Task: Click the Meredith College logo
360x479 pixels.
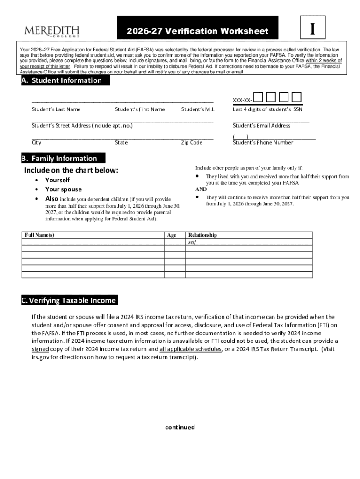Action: point(52,31)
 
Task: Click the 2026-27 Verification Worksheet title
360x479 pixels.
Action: point(197,31)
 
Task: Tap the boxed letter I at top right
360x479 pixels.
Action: point(311,29)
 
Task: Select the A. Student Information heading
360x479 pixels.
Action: point(61,80)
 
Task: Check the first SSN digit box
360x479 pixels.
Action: point(259,97)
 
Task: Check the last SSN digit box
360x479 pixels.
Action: point(296,97)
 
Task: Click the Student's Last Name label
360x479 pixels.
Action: point(56,109)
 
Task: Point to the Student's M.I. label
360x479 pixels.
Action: point(198,109)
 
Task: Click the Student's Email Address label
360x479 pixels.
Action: point(261,126)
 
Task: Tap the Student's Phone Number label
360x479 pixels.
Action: point(263,143)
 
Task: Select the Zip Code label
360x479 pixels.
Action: point(192,143)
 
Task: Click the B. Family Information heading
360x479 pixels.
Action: point(59,158)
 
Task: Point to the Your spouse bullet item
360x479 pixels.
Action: point(63,189)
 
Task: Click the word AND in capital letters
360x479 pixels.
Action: point(201,189)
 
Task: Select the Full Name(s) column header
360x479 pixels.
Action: point(39,235)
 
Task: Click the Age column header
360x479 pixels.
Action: point(172,235)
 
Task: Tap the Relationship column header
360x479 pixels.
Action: point(202,235)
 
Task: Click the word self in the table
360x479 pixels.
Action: point(192,242)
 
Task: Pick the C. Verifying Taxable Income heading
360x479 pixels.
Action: point(69,300)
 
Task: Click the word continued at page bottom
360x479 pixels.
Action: point(180,427)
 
